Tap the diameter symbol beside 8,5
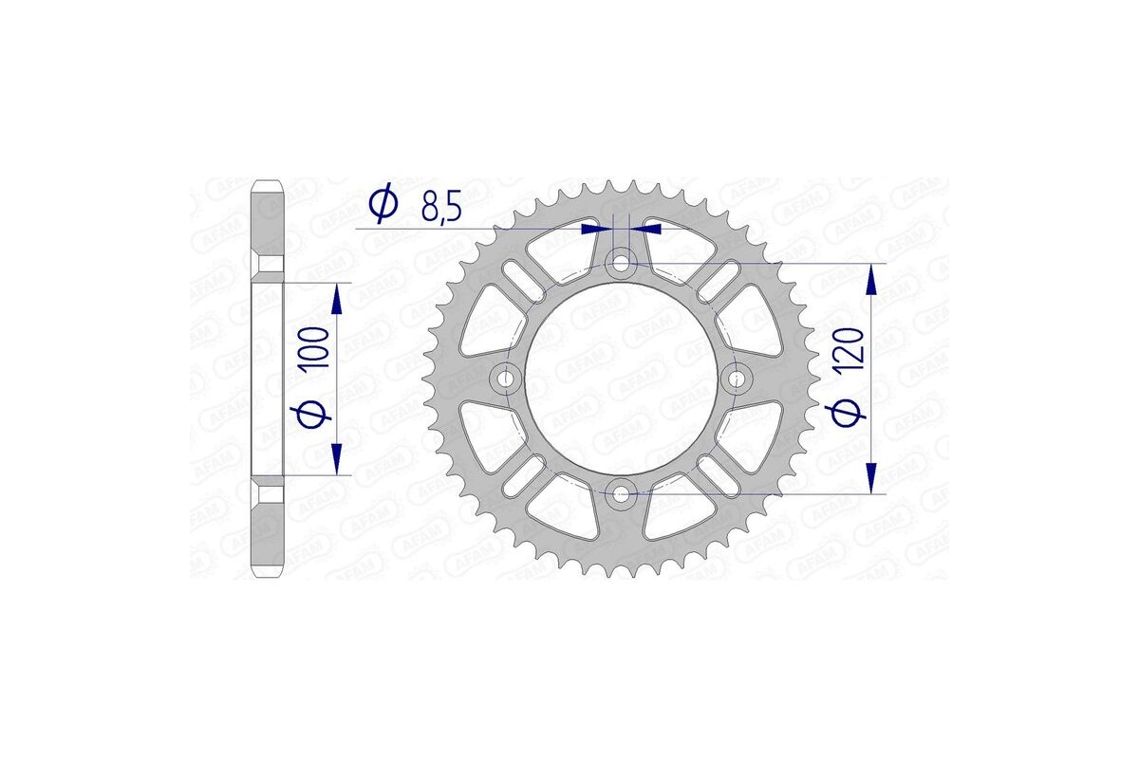coord(383,203)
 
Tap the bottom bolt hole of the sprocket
coord(622,492)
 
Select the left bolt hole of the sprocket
coord(506,379)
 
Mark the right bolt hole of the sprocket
coord(738,379)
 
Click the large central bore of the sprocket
coord(622,379)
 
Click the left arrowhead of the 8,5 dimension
coord(597,229)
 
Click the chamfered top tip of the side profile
coord(268,183)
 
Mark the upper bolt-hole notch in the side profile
coord(270,264)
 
